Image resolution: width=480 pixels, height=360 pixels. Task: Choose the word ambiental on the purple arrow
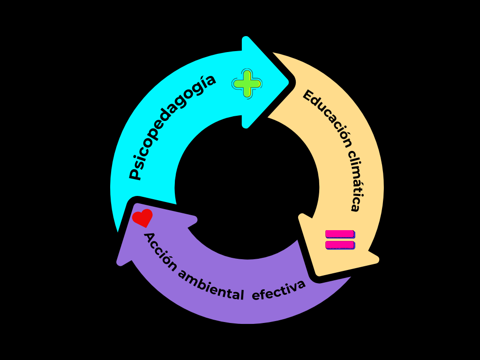[211, 286]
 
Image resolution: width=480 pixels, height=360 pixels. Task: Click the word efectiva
[279, 291]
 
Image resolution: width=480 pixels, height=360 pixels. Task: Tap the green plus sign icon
[247, 84]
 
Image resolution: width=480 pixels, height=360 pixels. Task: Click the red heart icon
[142, 218]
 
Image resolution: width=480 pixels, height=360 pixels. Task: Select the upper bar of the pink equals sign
[340, 234]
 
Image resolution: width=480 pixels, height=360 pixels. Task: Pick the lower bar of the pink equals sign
[340, 245]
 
